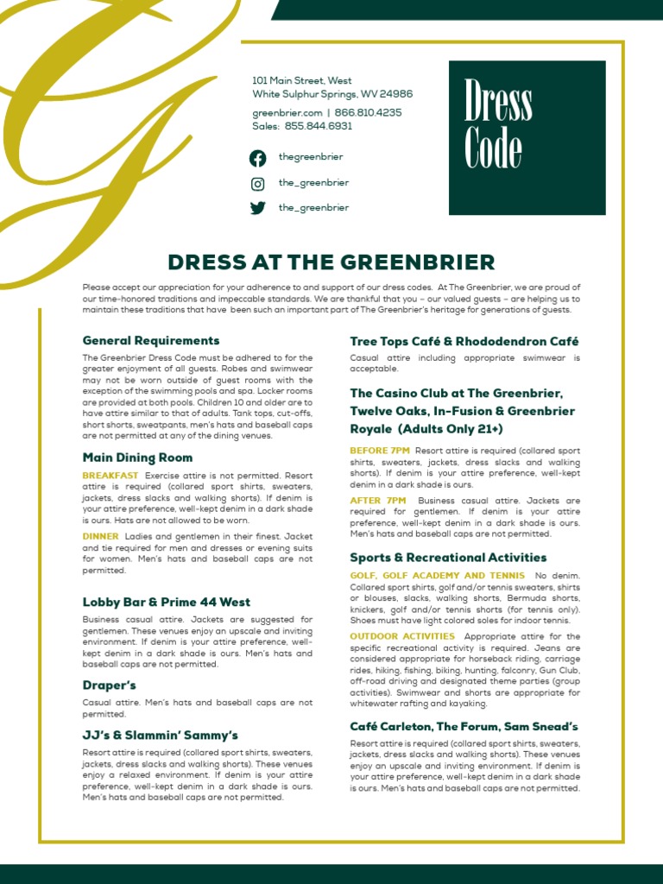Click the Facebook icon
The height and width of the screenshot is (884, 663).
[258, 158]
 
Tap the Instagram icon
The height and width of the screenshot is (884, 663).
[258, 183]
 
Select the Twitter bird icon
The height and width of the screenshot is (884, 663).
[258, 208]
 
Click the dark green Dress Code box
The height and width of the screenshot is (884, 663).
[527, 138]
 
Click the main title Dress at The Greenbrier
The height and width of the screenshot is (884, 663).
[331, 262]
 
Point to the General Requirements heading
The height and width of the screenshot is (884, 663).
[151, 340]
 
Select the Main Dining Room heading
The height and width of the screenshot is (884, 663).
[137, 458]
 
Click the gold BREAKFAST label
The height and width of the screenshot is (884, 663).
[110, 476]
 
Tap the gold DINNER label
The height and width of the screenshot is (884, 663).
[100, 535]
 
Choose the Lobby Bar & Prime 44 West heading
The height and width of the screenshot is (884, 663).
[167, 602]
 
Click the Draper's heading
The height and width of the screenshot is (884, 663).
[110, 685]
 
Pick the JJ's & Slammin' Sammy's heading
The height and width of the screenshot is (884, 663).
[160, 735]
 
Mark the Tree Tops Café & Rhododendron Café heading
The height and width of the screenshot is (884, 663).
[464, 341]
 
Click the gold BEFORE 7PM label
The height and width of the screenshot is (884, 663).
[380, 450]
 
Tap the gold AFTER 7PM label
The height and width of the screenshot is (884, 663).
[377, 500]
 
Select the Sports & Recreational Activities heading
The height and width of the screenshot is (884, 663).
[448, 558]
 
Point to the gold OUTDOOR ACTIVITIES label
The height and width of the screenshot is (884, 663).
[401, 636]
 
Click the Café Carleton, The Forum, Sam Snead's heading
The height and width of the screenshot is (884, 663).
[464, 727]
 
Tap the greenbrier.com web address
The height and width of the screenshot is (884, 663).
[287, 113]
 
